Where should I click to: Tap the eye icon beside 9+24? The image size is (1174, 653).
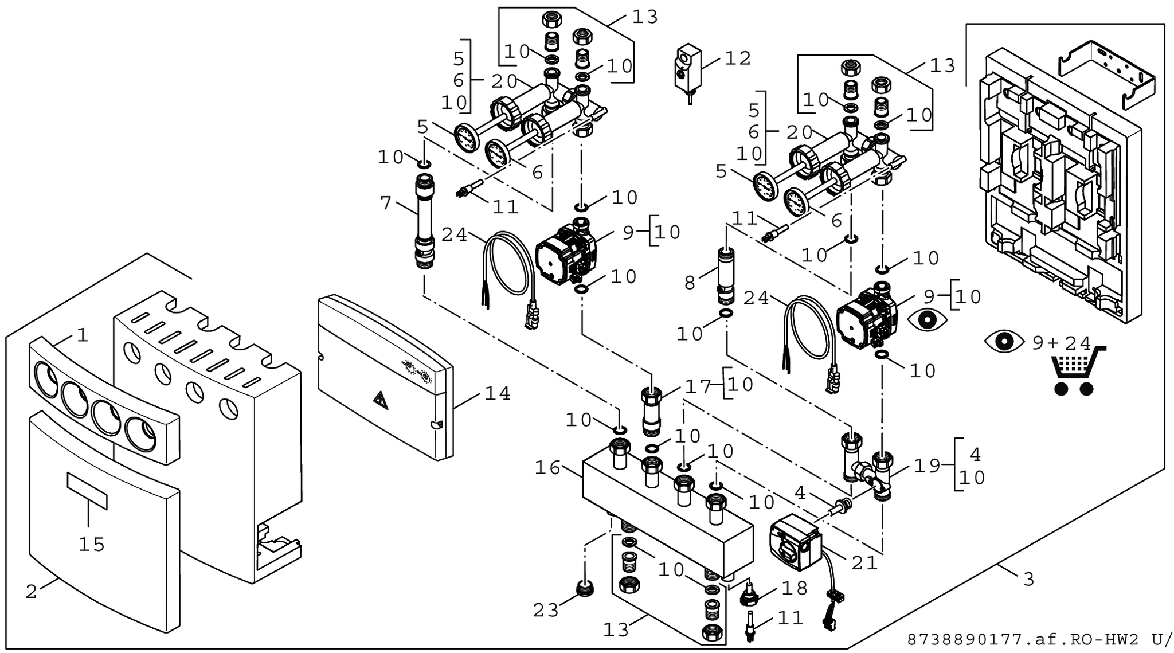[1004, 342]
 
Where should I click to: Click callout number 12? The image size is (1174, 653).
[738, 58]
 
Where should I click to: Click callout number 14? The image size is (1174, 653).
[497, 394]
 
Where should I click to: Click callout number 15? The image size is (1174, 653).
[92, 544]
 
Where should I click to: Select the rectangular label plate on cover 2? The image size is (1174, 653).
[87, 490]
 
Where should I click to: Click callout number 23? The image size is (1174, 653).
[545, 611]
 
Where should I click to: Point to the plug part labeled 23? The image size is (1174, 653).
[584, 588]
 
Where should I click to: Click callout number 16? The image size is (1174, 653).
[547, 468]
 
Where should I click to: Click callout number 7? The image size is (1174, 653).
[385, 203]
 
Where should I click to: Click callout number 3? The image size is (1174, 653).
[1029, 580]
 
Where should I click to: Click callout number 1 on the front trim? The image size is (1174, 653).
[83, 335]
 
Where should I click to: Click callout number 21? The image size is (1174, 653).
[864, 563]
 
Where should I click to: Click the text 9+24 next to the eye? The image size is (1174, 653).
[1061, 343]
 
